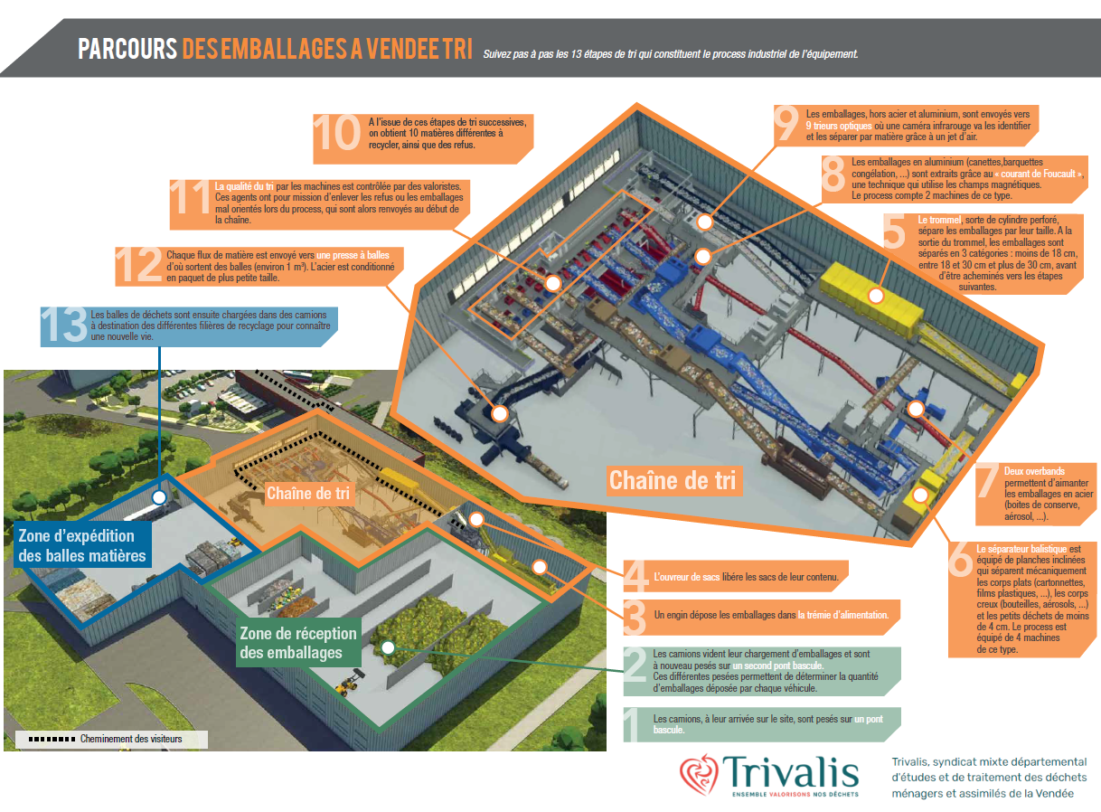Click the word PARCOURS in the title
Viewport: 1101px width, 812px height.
(x=127, y=49)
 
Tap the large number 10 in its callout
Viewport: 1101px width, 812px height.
(x=337, y=132)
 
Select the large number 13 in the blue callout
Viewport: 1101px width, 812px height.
(x=64, y=324)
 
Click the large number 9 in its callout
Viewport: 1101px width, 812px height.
(x=786, y=123)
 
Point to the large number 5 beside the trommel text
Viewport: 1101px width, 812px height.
(x=894, y=231)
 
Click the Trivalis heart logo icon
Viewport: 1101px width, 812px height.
(x=700, y=775)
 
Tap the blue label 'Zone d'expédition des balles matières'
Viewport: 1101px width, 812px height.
(x=82, y=545)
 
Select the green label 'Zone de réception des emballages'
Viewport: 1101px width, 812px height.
(x=298, y=642)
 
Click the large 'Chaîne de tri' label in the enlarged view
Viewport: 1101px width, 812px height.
(x=673, y=480)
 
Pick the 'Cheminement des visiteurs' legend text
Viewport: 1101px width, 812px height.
(x=131, y=739)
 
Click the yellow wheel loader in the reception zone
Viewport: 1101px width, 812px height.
(x=349, y=683)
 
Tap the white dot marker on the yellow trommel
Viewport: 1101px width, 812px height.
(x=876, y=296)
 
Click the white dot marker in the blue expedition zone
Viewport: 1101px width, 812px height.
(x=159, y=497)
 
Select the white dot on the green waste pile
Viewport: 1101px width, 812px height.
(x=388, y=647)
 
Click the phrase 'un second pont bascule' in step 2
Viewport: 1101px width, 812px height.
(x=777, y=666)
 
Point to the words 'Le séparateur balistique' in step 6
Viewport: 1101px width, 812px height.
(x=1021, y=549)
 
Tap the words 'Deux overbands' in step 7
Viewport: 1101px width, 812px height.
(x=1034, y=471)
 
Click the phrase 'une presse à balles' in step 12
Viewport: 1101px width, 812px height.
(x=353, y=255)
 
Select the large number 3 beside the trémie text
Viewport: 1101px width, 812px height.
(x=635, y=618)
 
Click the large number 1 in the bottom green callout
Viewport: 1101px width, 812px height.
(x=632, y=724)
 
